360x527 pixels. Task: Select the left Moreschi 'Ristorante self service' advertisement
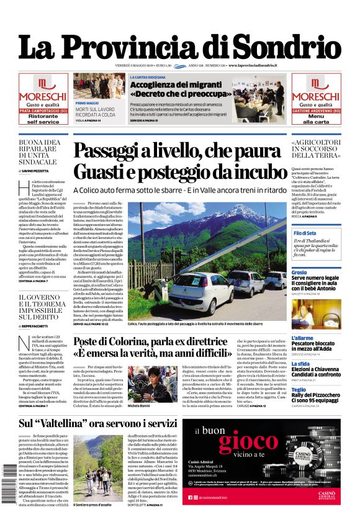click(x=43, y=99)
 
